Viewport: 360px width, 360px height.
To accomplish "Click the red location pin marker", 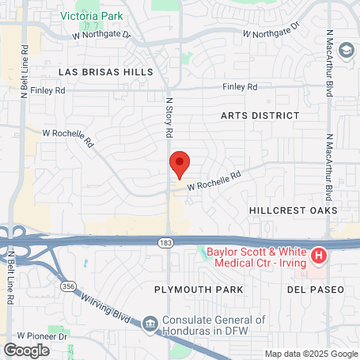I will [x=180, y=165].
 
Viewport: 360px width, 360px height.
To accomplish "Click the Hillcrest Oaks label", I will [x=293, y=210].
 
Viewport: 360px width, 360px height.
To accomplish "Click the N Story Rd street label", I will [x=169, y=117].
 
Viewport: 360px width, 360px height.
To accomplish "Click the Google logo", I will [x=26, y=350].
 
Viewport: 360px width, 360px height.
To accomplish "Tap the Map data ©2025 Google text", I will [x=310, y=354].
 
